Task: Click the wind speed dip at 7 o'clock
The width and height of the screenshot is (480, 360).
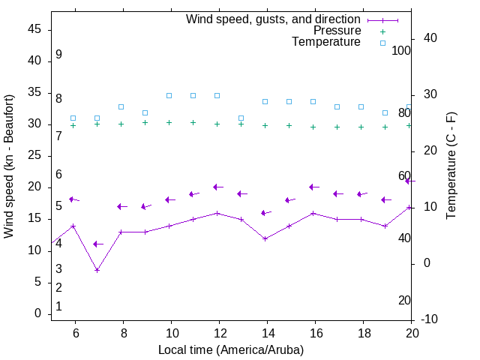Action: (x=97, y=270)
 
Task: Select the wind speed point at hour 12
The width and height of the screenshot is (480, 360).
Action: (x=217, y=213)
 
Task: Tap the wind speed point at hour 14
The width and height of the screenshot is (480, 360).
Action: (x=265, y=238)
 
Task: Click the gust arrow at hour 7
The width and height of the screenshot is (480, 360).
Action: (x=97, y=244)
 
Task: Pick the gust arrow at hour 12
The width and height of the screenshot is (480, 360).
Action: (x=217, y=187)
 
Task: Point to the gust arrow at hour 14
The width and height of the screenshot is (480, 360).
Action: (x=265, y=213)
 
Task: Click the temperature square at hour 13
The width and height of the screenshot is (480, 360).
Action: (x=241, y=118)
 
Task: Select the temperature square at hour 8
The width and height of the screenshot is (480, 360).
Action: (x=121, y=106)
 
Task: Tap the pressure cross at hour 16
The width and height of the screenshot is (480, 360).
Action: (x=313, y=127)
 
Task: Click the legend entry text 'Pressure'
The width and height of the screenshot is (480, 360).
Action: (x=337, y=31)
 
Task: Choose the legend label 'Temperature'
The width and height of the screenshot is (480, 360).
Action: (x=326, y=42)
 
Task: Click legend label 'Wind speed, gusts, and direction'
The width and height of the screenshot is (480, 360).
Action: (x=273, y=19)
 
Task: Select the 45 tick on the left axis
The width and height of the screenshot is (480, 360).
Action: (x=34, y=29)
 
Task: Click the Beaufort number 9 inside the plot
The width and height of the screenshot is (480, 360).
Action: (x=58, y=55)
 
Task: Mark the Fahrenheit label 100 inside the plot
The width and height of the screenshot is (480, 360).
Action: (x=401, y=50)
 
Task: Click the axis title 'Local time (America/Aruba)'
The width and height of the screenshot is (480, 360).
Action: (x=231, y=349)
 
